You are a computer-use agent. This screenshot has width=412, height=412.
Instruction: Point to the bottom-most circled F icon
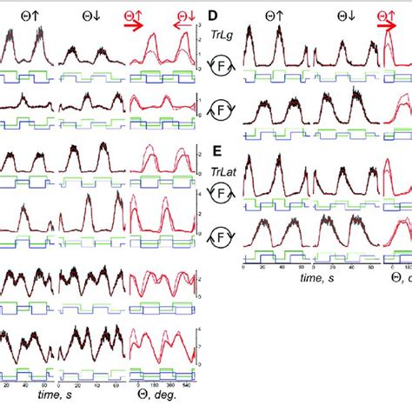[222, 235]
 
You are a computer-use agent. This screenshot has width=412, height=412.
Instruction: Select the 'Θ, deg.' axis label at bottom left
[157, 395]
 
